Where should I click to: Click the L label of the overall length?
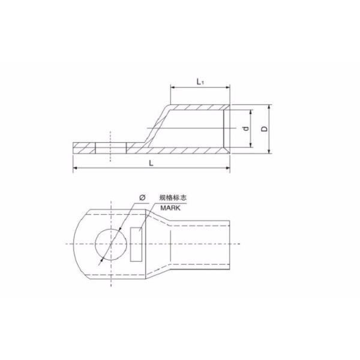(x=151, y=163)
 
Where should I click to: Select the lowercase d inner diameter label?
(x=245, y=129)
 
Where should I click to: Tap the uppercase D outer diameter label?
(x=265, y=128)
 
